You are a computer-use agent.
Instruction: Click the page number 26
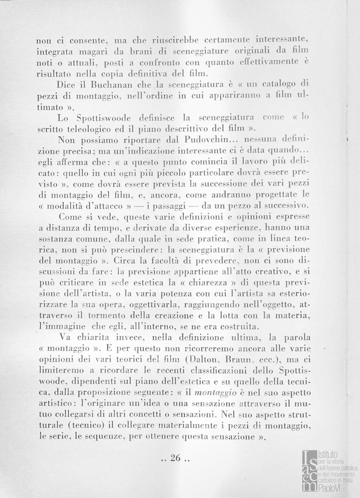(x=177, y=458)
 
